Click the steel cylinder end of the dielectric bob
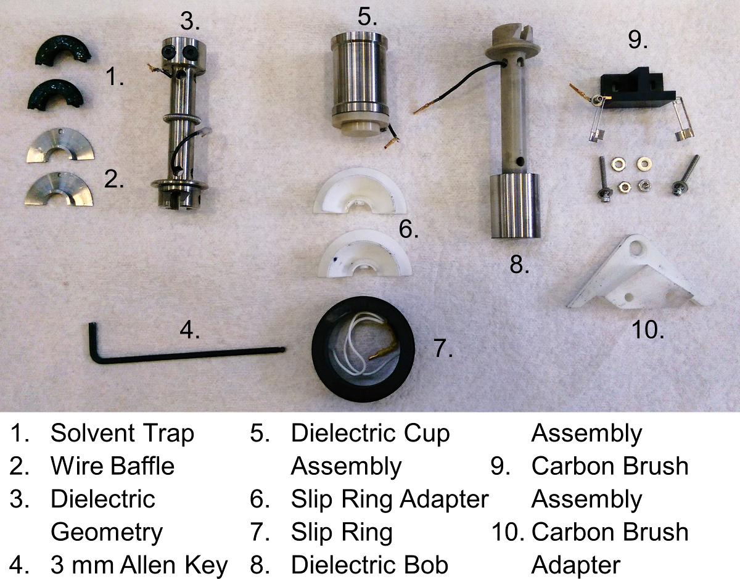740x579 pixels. tap(515, 206)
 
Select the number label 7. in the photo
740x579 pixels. tap(443, 349)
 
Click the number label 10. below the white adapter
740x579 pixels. tap(647, 331)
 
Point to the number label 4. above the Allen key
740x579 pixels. tap(189, 331)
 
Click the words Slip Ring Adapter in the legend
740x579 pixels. tap(389, 498)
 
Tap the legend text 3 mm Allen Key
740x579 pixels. tap(139, 564)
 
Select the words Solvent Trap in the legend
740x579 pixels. tap(122, 433)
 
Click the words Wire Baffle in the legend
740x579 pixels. tap(112, 466)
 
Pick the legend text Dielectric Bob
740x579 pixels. tap(369, 564)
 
